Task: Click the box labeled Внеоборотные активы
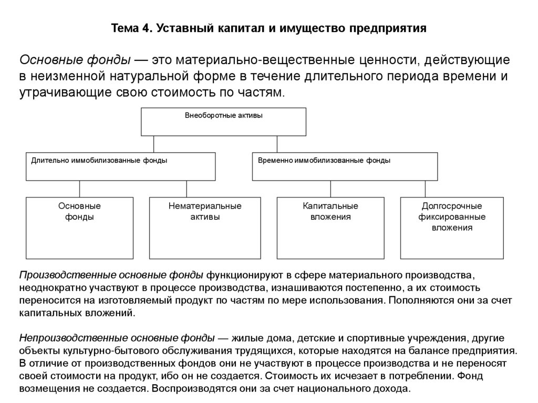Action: click(223, 121)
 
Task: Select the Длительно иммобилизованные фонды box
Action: click(121, 166)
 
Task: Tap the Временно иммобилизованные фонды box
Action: click(345, 166)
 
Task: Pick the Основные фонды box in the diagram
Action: click(79, 228)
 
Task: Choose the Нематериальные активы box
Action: click(205, 228)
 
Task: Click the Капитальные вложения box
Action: click(330, 228)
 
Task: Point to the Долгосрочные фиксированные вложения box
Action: click(452, 228)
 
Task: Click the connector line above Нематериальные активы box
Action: click(187, 189)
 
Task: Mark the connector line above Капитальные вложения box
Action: click(330, 189)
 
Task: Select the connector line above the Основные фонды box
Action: click(79, 189)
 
